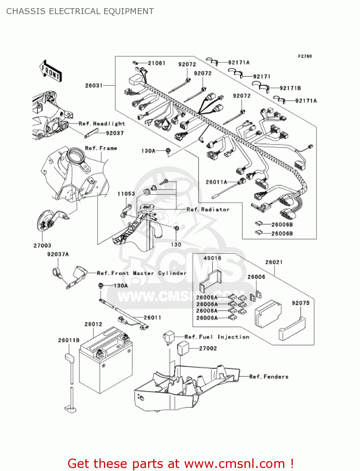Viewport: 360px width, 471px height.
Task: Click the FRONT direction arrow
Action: tap(50, 71)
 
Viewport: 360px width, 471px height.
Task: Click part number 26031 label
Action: tap(94, 85)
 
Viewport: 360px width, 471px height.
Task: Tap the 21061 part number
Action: tap(157, 63)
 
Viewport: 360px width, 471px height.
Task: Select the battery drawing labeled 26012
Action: tap(105, 361)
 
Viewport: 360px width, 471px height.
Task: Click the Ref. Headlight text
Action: tap(102, 124)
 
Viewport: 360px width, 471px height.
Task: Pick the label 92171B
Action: tap(290, 88)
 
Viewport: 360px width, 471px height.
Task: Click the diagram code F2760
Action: tap(305, 56)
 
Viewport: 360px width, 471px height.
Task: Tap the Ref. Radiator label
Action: tap(208, 209)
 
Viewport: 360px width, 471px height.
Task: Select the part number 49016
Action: tap(212, 258)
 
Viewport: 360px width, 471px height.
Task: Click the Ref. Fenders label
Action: tap(269, 376)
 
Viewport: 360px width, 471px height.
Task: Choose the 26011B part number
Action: tap(69, 340)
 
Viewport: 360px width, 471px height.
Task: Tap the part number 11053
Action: tap(126, 194)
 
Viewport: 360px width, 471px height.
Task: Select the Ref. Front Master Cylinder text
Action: tap(142, 273)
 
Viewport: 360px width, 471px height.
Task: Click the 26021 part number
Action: tap(274, 262)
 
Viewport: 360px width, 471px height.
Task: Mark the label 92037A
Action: tap(58, 254)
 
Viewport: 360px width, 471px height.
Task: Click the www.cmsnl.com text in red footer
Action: tap(234, 463)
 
